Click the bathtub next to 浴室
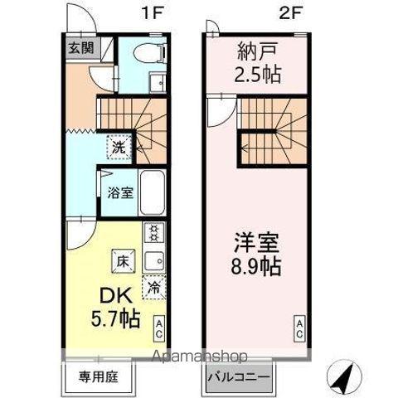click(x=152, y=192)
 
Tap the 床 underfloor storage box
click(x=122, y=260)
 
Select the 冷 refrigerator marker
click(x=154, y=288)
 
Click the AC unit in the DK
click(x=157, y=328)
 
